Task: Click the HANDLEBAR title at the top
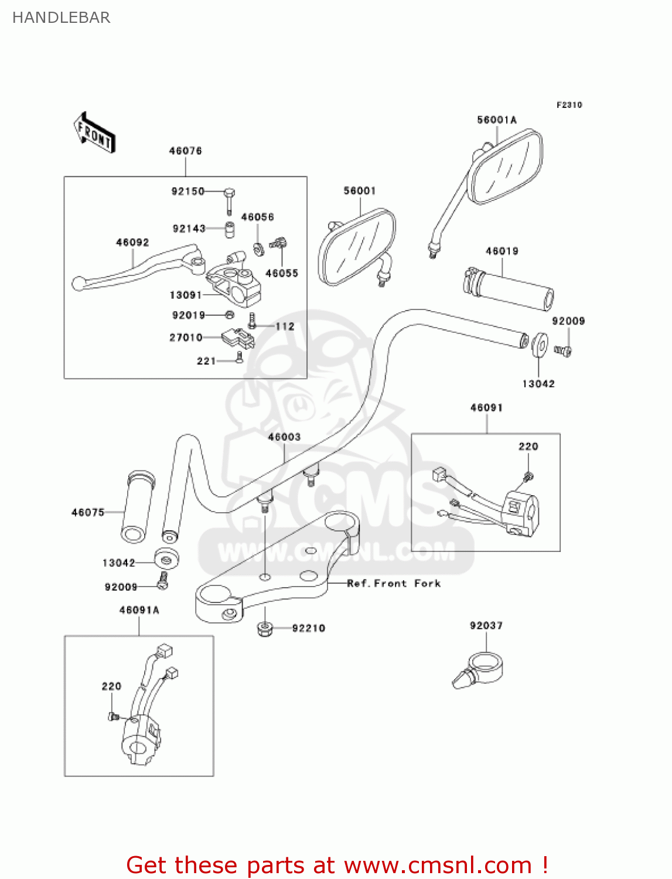click(x=61, y=18)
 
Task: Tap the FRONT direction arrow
click(x=94, y=133)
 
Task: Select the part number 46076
click(x=185, y=151)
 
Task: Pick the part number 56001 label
click(x=359, y=191)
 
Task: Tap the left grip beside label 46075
click(x=138, y=507)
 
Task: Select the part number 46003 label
click(x=284, y=437)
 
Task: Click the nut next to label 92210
click(x=265, y=629)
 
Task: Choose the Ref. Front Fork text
click(x=394, y=584)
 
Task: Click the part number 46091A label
click(x=139, y=610)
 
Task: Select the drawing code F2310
click(x=569, y=105)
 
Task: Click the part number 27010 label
click(x=186, y=338)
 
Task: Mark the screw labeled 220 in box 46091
click(x=528, y=476)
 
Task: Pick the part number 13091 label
click(x=186, y=295)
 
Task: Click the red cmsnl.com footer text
click(x=337, y=865)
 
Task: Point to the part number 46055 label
click(x=282, y=273)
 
